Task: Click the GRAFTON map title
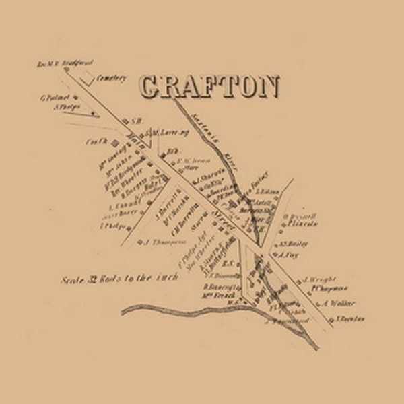click(x=209, y=86)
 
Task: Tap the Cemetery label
click(x=112, y=78)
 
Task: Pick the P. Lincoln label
click(x=303, y=224)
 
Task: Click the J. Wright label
click(x=316, y=278)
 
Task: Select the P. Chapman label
click(x=324, y=288)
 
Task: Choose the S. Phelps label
click(x=67, y=106)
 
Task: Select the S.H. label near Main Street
click(x=134, y=121)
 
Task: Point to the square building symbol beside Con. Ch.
click(x=114, y=142)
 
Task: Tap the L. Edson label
click(x=269, y=192)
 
